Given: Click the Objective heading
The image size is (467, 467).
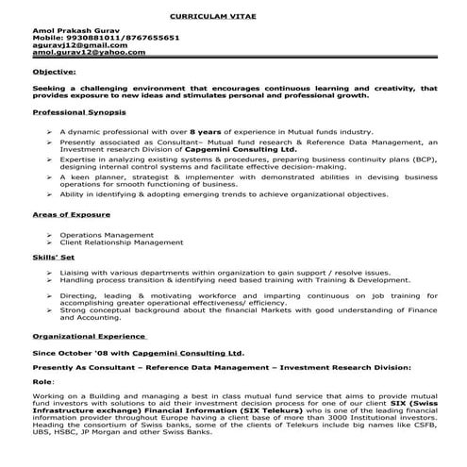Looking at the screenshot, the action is [x=55, y=72].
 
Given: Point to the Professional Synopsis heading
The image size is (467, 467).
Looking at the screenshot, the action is [x=78, y=111].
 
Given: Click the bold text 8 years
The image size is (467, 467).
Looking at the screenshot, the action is [x=205, y=130].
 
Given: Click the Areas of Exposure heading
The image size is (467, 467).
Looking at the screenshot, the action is [x=70, y=215].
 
